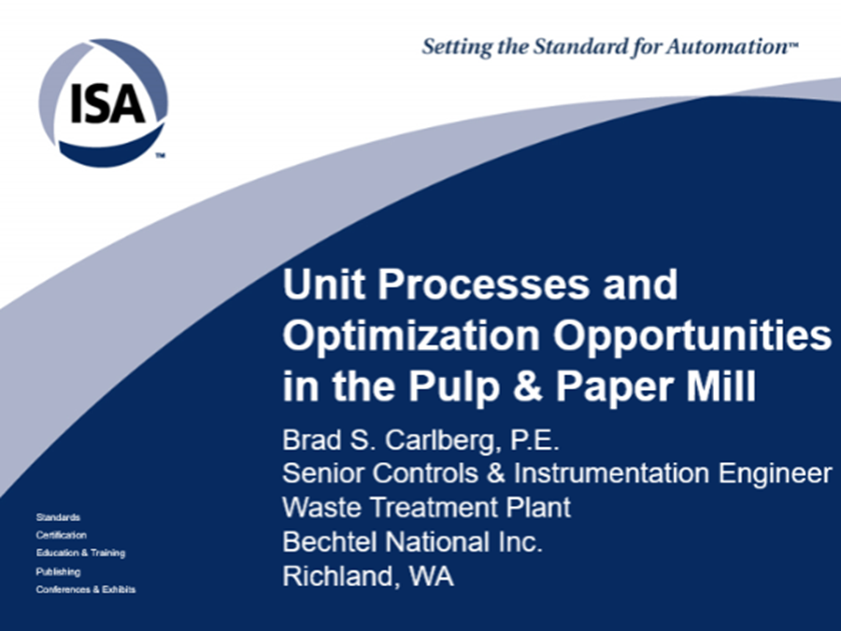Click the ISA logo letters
pyautogui.click(x=107, y=103)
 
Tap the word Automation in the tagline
pyautogui.click(x=727, y=47)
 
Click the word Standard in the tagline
pyautogui.click(x=578, y=47)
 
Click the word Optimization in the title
pyautogui.click(x=411, y=335)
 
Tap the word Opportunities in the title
pyautogui.click(x=691, y=335)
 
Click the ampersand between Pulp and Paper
pyautogui.click(x=528, y=386)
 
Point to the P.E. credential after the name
pyautogui.click(x=535, y=441)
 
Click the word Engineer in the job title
pyautogui.click(x=775, y=473)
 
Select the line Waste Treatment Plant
pyautogui.click(x=426, y=507)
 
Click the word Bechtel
pyautogui.click(x=329, y=541)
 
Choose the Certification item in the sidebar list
pyautogui.click(x=61, y=535)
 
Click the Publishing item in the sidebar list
pyautogui.click(x=58, y=572)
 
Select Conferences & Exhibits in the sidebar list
pyautogui.click(x=86, y=590)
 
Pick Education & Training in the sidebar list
pyautogui.click(x=80, y=554)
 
